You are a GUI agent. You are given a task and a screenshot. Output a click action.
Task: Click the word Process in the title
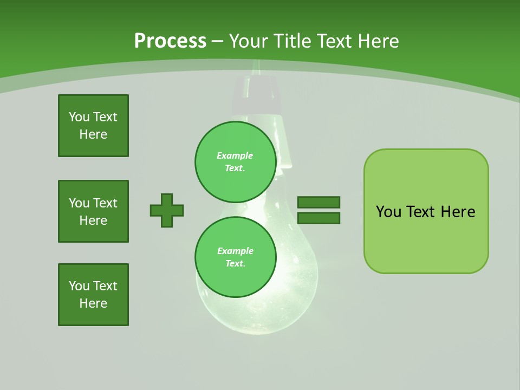(x=170, y=41)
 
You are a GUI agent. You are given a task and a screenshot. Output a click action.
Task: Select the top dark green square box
(x=93, y=126)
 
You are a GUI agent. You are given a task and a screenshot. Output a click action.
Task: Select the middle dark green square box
(x=93, y=211)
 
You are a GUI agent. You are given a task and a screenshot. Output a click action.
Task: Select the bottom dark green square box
(x=93, y=295)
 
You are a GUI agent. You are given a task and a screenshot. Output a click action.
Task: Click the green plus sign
(x=167, y=210)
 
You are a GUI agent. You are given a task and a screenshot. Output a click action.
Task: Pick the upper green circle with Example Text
(x=235, y=161)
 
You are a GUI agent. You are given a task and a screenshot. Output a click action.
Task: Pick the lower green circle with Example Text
(x=235, y=257)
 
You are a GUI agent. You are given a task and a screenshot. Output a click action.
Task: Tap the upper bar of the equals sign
(x=318, y=203)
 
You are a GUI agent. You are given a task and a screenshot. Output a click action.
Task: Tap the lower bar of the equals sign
(x=318, y=218)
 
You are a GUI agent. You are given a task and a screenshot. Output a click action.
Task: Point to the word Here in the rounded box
(x=458, y=212)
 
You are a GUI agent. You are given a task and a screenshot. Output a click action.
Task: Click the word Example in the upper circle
(x=235, y=155)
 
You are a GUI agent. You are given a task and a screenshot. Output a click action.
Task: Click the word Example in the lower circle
(x=235, y=251)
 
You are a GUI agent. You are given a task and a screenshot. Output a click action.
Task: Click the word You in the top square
(x=79, y=117)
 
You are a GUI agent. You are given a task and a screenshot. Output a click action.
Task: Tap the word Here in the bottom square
(x=93, y=303)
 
